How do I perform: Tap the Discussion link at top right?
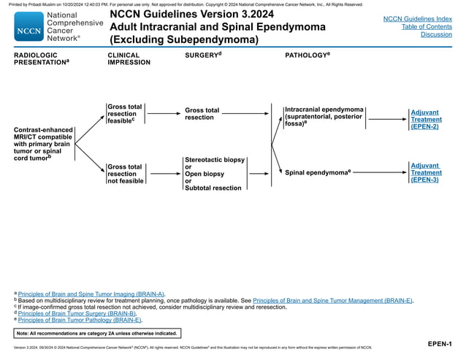(436, 34)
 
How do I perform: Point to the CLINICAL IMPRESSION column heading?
(129, 58)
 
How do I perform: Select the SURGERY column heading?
(202, 55)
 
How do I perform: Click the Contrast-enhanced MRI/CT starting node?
(43, 144)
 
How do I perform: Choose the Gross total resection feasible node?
(124, 114)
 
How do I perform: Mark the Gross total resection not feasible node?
(125, 174)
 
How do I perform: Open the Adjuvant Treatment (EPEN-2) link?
(425, 120)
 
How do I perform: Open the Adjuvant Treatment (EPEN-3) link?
(425, 172)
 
